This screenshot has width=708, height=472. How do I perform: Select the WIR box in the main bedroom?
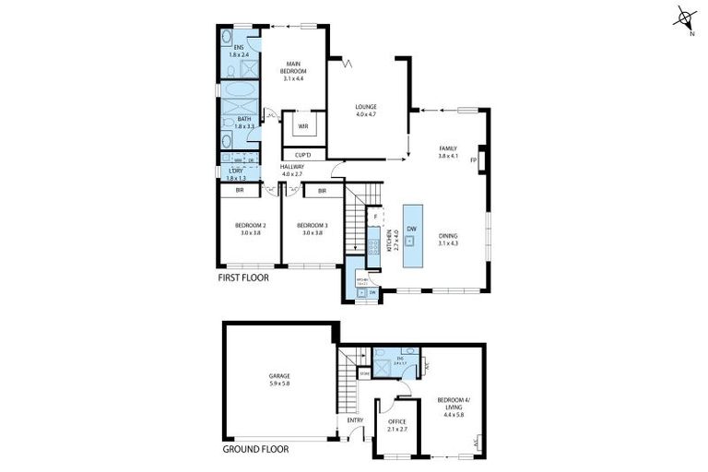coord(302,126)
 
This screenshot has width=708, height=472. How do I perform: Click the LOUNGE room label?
coord(366,107)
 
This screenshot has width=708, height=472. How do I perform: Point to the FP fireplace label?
coord(472,159)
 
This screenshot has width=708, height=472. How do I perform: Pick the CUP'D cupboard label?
coord(302,155)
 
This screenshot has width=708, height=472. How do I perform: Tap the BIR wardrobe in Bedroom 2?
coord(240,191)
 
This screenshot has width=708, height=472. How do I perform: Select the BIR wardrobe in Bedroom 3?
coord(323,191)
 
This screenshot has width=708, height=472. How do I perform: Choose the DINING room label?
coord(449,236)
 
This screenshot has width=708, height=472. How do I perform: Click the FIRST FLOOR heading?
coord(243,277)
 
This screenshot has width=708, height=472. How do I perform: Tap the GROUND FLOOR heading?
coord(255,450)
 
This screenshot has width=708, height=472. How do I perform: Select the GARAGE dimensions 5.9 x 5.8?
coord(280,383)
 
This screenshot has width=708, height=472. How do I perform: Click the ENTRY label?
coord(355,421)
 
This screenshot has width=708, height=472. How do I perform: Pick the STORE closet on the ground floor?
coord(364,374)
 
